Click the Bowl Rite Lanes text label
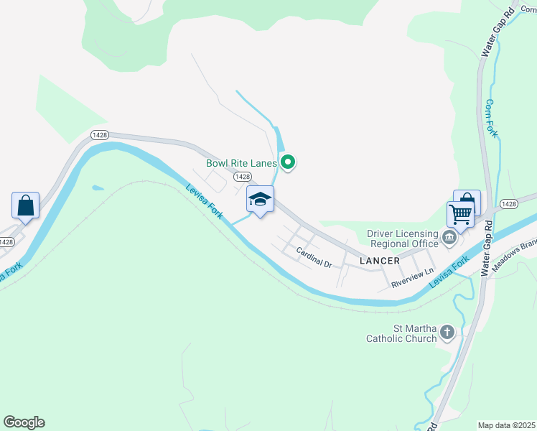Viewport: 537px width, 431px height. [241, 163]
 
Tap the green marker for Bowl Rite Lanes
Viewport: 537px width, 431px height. [288, 163]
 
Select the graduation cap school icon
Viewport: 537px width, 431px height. [260, 200]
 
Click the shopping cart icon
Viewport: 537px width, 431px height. [460, 213]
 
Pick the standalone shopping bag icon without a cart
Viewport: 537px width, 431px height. [26, 205]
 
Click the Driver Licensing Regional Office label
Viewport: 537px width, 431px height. [402, 238]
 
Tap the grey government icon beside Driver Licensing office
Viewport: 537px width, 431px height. [450, 237]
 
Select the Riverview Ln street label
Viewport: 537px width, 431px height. [413, 279]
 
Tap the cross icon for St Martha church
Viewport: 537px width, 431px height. [447, 332]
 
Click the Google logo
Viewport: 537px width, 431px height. [24, 422]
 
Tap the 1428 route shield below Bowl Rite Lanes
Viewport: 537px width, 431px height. [243, 177]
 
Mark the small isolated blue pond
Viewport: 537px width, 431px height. [97, 188]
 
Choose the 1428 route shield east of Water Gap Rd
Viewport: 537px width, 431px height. [509, 204]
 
